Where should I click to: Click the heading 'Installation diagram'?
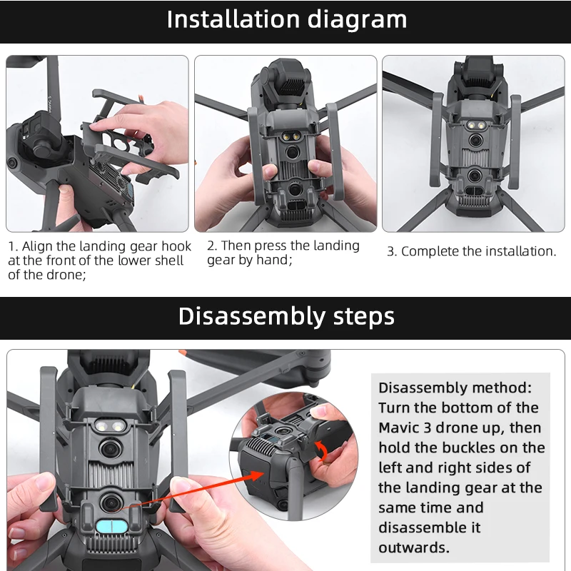[x=286, y=19]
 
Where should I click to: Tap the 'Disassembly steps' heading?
[x=286, y=316]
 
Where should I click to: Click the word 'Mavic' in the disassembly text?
[x=401, y=428]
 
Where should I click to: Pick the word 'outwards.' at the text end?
[x=414, y=548]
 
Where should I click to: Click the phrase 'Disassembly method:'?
[x=455, y=388]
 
